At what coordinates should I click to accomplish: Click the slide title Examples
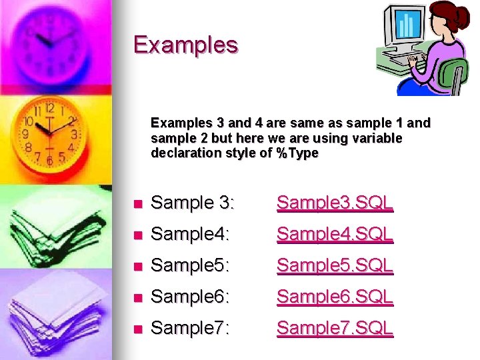click(x=185, y=45)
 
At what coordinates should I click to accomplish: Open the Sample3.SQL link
click(x=335, y=203)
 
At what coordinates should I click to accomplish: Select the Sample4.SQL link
click(x=335, y=234)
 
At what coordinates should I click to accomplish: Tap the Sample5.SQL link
click(x=335, y=265)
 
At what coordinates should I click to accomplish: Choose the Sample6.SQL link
click(x=335, y=297)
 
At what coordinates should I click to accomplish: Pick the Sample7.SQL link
click(x=335, y=328)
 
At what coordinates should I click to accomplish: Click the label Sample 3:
click(x=193, y=203)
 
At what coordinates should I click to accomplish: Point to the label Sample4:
click(x=190, y=234)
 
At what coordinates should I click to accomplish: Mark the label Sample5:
click(x=190, y=265)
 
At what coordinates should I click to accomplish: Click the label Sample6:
click(x=190, y=297)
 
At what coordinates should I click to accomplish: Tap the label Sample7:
click(x=190, y=328)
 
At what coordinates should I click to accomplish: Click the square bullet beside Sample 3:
click(x=137, y=204)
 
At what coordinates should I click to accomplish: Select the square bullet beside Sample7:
click(x=137, y=329)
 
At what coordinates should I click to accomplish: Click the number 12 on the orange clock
click(x=49, y=107)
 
